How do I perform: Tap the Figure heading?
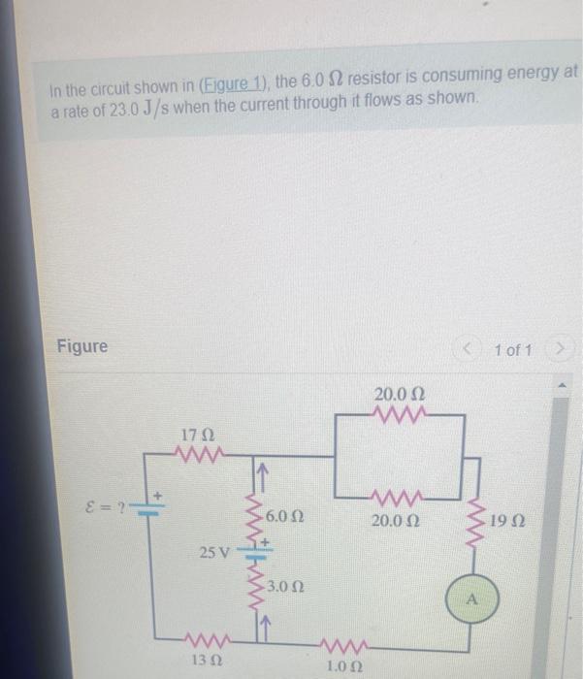(x=81, y=346)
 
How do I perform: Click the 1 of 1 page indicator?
(x=512, y=348)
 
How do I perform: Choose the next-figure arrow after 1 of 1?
(x=561, y=348)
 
